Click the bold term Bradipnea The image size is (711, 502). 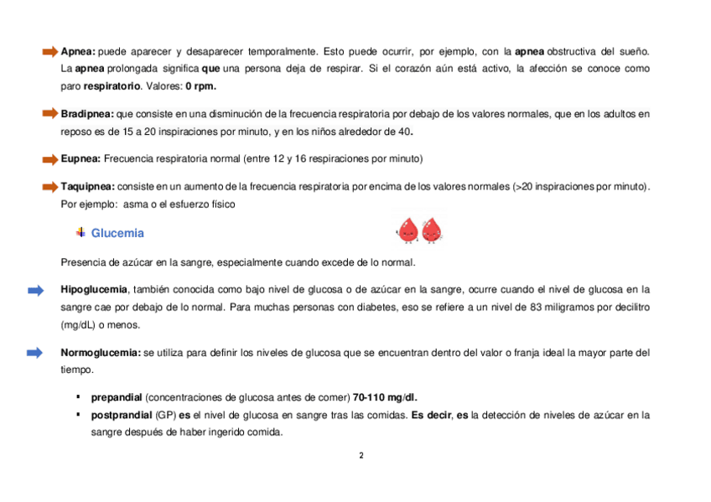(x=87, y=113)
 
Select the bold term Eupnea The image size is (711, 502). (x=80, y=158)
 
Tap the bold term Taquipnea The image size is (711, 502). (x=88, y=185)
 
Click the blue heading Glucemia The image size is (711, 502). (x=117, y=233)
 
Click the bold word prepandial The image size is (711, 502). (x=117, y=396)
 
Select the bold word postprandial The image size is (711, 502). (x=120, y=415)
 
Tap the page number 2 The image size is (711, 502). (x=361, y=456)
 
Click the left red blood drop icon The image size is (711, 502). (x=407, y=230)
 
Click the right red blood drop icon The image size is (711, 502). (x=432, y=230)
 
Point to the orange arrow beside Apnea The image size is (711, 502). (x=50, y=52)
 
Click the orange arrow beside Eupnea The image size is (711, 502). (x=50, y=158)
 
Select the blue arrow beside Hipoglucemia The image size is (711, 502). (x=35, y=290)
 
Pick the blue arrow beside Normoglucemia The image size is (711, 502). (x=35, y=353)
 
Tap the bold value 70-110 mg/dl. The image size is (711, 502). (x=386, y=396)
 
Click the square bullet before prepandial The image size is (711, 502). (x=77, y=396)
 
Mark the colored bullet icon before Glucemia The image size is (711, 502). (x=80, y=232)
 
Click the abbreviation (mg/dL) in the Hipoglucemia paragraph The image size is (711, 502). (x=80, y=325)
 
